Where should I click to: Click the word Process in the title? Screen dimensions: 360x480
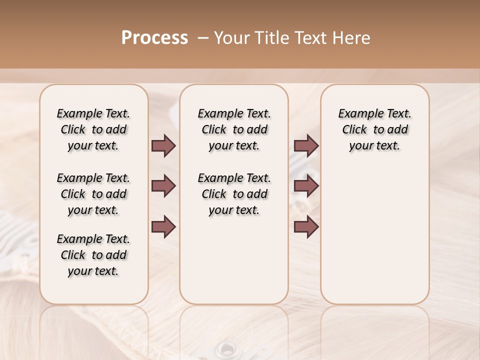click(154, 38)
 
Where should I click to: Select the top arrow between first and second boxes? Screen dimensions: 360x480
click(163, 146)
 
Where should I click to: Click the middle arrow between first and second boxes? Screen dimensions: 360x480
click(163, 186)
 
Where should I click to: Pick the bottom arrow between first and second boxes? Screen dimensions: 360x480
click(163, 227)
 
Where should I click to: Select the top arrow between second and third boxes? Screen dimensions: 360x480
click(306, 146)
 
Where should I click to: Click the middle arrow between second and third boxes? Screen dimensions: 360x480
click(306, 186)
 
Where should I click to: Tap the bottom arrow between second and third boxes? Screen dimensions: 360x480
click(306, 227)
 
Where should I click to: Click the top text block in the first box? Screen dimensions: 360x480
click(93, 129)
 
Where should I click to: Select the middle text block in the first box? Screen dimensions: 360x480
click(93, 194)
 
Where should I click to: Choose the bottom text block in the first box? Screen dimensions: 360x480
click(93, 255)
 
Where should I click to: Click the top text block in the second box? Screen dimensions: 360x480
click(234, 129)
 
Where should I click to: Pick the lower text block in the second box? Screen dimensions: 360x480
click(234, 194)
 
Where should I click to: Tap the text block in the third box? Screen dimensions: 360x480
click(374, 129)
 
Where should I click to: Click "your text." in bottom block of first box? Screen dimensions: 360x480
click(93, 271)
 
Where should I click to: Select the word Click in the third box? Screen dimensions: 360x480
click(354, 130)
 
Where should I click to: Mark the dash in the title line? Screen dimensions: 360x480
click(203, 38)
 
